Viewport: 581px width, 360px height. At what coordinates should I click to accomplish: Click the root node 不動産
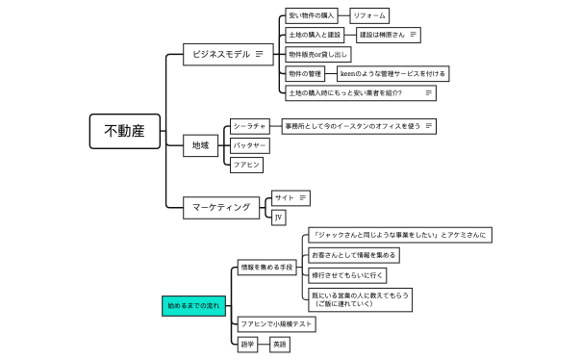point(124,131)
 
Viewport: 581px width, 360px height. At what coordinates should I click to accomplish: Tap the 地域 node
point(201,145)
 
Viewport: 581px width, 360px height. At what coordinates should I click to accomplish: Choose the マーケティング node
point(221,207)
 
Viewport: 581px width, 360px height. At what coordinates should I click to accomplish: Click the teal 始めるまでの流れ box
point(193,305)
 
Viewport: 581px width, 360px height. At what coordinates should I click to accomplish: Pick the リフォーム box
point(368,16)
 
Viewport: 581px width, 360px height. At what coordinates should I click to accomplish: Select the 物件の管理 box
point(305,74)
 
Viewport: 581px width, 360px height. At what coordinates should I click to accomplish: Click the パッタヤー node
point(249,145)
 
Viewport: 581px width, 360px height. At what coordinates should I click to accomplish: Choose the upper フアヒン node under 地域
point(246,165)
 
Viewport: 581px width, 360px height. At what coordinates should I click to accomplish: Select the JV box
point(279,218)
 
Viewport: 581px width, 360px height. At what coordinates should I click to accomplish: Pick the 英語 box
point(279,344)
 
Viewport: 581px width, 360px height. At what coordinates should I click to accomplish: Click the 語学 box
point(248,344)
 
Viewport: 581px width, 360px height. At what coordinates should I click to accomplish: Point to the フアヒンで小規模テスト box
point(276,324)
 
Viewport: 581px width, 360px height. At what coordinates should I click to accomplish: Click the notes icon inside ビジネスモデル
point(260,55)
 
